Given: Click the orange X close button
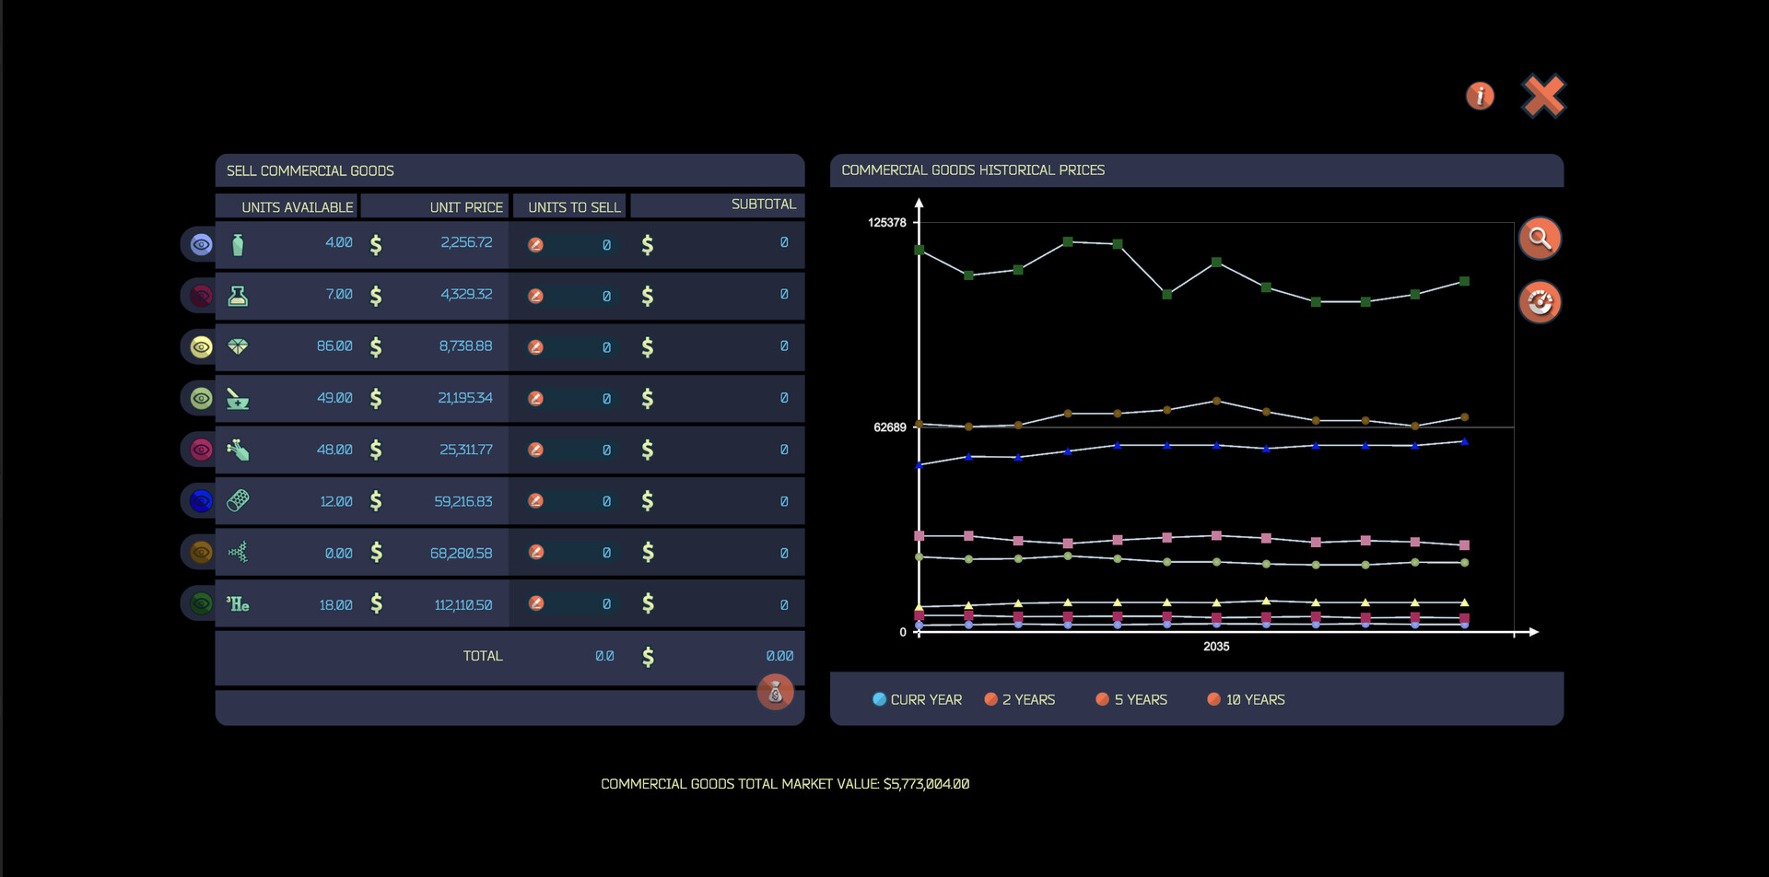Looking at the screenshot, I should tap(1543, 96).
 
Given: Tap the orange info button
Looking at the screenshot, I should tap(1480, 96).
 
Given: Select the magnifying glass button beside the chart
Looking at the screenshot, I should tap(1540, 239).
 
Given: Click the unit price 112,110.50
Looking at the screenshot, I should tap(463, 605).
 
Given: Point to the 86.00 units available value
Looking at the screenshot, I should tap(334, 346).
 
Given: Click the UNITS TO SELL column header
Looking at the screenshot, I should tap(574, 207).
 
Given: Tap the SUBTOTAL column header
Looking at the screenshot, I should tap(763, 205).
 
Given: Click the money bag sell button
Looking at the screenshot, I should tap(775, 692).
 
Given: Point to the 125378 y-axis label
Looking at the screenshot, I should tap(887, 223).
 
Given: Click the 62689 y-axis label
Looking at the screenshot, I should tap(890, 427).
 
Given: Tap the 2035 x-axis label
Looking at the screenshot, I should tap(1216, 647).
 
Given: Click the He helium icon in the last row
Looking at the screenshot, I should tap(238, 604).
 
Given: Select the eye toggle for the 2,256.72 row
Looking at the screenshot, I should tap(201, 244).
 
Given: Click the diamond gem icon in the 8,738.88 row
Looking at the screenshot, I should tap(238, 346).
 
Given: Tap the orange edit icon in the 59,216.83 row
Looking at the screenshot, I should tap(535, 501).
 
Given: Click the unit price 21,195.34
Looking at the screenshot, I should tap(465, 398).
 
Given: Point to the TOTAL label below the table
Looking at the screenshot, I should tap(483, 656).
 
